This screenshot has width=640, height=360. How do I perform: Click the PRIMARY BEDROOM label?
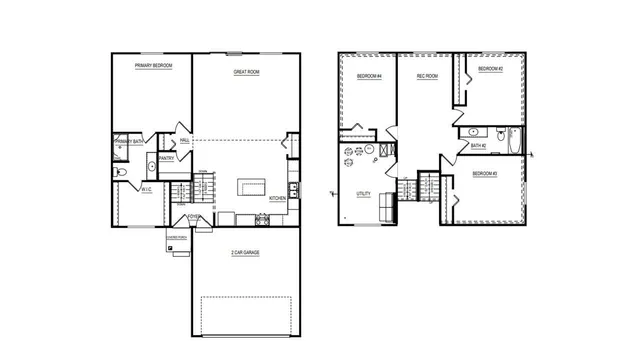tap(154, 65)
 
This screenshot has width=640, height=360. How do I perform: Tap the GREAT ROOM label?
tap(247, 72)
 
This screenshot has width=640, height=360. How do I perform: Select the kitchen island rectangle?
tap(251, 187)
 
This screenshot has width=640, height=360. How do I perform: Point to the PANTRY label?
tap(167, 158)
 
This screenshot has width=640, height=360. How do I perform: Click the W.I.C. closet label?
tap(146, 188)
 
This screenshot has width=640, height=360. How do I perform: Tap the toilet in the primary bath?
tap(121, 172)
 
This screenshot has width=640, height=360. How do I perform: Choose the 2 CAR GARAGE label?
tap(245, 253)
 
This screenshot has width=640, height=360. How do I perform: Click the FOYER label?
tap(194, 217)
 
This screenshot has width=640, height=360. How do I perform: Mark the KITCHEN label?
tap(278, 198)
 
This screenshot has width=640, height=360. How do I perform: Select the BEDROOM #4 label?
tap(369, 77)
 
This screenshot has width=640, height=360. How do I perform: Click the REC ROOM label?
tap(426, 77)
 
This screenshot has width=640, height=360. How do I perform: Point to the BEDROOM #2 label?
tap(489, 69)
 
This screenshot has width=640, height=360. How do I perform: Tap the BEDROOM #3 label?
tap(485, 175)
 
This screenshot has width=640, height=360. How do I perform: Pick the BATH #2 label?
tap(478, 146)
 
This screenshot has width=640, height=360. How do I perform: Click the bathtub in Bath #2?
tap(514, 139)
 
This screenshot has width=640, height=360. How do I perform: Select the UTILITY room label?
tap(362, 193)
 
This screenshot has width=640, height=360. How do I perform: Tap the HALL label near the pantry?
tap(185, 141)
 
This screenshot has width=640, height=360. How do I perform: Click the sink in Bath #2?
tap(473, 131)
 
